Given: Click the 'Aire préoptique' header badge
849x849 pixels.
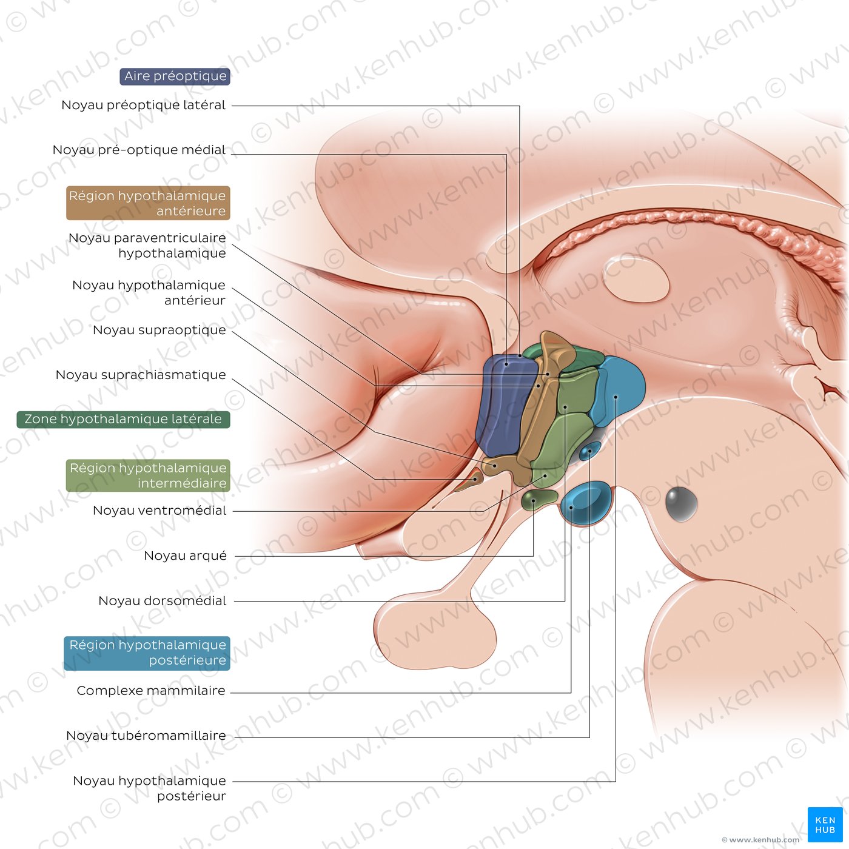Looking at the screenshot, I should [175, 76].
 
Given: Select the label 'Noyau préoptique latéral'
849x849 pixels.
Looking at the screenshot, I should [143, 106].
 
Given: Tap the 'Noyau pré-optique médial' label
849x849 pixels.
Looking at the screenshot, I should [139, 150].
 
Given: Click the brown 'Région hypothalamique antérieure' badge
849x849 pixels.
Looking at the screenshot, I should [148, 203].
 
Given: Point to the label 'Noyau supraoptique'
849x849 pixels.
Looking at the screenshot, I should [159, 331].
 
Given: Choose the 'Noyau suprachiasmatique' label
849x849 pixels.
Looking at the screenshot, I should [141, 375].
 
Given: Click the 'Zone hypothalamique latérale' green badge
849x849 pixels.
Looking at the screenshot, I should [123, 419].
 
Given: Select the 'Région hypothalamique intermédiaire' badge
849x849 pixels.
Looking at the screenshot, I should [148, 475].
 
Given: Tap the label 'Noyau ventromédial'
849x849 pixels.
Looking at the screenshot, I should [159, 511].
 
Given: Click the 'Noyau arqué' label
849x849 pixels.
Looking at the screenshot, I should [185, 556].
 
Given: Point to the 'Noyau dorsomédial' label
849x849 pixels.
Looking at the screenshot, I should [162, 601].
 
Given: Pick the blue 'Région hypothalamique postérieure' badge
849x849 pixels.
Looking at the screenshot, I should [147, 653].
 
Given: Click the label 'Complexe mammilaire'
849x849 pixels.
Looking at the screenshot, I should [151, 691].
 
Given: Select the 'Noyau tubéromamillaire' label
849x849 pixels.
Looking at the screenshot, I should [146, 736].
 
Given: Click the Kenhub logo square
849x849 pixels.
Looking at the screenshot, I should [825, 825].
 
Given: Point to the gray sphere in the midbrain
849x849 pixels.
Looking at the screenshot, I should [681, 503].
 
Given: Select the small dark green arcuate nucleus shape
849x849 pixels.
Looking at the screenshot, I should [539, 499].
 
